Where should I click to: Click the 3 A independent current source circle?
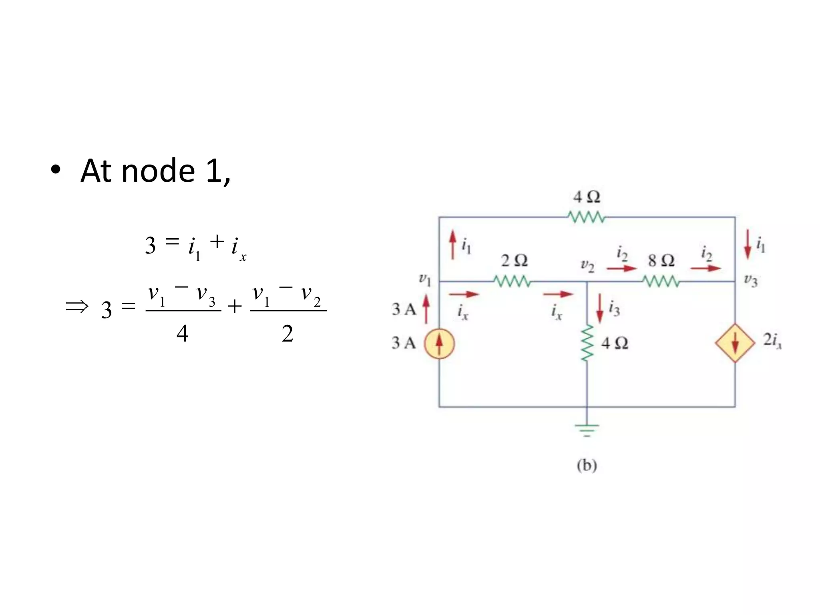(x=439, y=344)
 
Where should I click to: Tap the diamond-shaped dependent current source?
(x=735, y=344)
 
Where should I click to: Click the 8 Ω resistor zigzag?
(x=661, y=282)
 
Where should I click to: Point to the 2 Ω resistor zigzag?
(x=512, y=281)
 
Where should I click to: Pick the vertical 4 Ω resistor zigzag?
(x=587, y=344)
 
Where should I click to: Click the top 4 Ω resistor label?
(x=587, y=197)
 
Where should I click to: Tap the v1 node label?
(x=425, y=279)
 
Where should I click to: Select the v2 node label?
(x=588, y=265)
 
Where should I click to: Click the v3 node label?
(x=751, y=280)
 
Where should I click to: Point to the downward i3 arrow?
(x=600, y=308)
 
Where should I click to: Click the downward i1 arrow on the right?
(x=748, y=244)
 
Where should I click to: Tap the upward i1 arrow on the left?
(x=452, y=244)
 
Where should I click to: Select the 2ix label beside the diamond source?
(x=772, y=340)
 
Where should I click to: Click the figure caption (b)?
(x=587, y=465)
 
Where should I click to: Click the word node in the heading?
(x=158, y=171)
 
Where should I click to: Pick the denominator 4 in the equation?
(x=182, y=333)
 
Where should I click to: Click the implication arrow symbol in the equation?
(x=76, y=307)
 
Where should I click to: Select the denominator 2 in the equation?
(x=287, y=333)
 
